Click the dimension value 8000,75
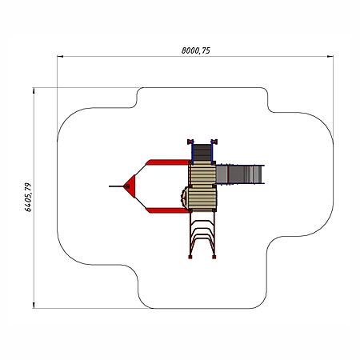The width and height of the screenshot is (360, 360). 196,50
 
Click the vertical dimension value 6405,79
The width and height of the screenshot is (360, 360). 28,197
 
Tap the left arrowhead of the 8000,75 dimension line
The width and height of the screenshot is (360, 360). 60,56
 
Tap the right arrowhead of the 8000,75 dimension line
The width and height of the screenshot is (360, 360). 330,56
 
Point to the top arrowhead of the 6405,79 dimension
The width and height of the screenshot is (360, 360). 34,90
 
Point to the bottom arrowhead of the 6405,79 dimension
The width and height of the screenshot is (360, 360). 34,306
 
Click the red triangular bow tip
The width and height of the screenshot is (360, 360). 130,186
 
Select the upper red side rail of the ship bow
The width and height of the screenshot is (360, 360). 168,162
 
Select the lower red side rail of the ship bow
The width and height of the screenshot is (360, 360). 168,210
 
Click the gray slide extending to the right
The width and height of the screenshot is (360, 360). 240,174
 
